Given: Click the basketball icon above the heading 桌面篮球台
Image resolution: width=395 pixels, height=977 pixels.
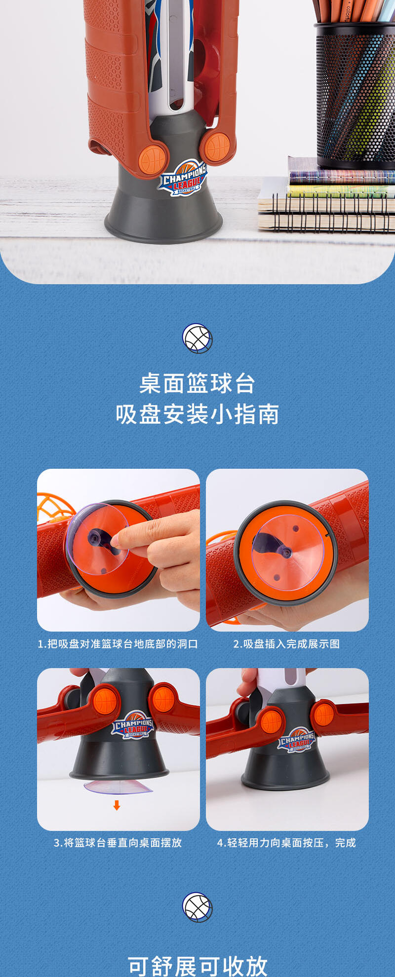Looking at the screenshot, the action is tap(197, 338).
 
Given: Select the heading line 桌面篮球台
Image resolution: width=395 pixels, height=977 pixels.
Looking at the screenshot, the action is tap(197, 383).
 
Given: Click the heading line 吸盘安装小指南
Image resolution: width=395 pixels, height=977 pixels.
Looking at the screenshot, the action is tap(197, 414).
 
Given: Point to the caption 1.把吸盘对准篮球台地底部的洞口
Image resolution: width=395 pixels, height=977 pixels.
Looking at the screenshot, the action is tap(118, 644).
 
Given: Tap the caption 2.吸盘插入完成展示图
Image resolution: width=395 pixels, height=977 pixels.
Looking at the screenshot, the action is tap(287, 644).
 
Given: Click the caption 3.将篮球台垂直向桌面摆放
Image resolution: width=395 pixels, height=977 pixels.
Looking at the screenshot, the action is tap(118, 843).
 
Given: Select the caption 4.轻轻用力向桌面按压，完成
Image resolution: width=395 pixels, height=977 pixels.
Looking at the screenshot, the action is tap(287, 843).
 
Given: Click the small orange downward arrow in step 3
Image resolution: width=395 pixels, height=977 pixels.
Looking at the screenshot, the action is tap(117, 805).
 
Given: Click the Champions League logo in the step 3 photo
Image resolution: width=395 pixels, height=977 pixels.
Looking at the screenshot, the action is tap(132, 725).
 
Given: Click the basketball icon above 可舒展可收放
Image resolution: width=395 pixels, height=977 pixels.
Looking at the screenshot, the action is tap(197, 907).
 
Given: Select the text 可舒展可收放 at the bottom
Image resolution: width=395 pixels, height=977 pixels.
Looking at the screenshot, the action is tap(197, 966).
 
